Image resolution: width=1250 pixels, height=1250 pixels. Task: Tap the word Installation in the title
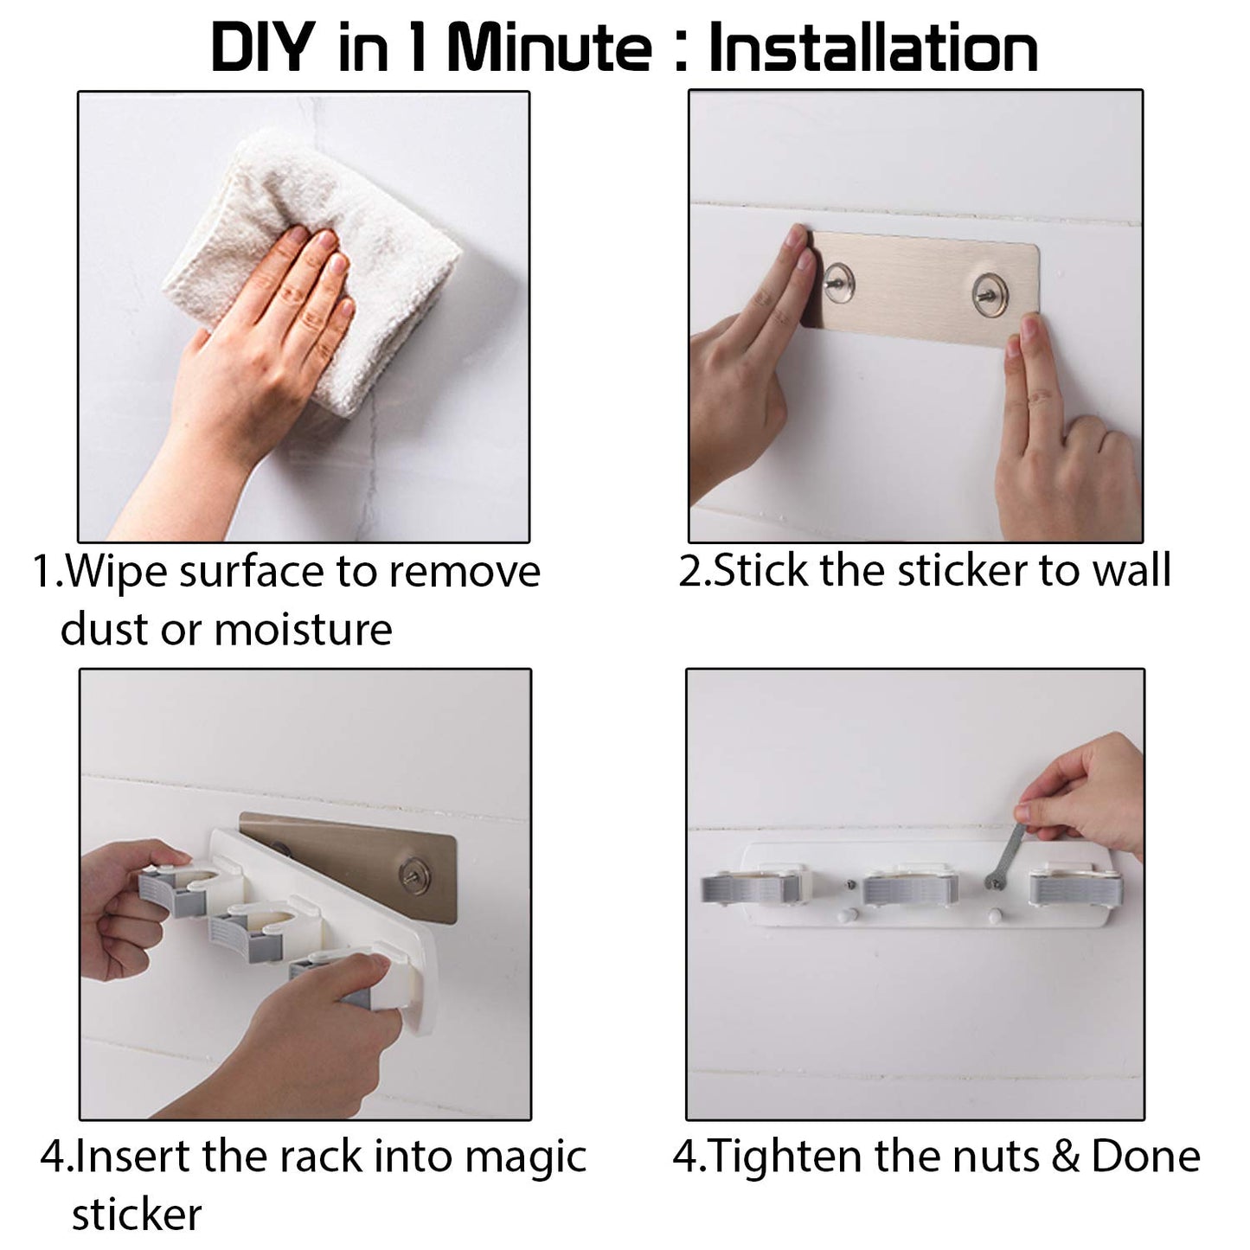(873, 48)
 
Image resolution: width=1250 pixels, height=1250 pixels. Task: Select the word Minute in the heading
(549, 48)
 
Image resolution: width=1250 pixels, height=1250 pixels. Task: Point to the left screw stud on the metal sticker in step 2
(838, 283)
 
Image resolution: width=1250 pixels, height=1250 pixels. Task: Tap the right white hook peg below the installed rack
(994, 916)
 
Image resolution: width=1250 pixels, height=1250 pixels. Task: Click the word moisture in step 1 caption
(303, 629)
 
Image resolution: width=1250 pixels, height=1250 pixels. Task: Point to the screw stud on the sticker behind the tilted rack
(411, 873)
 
